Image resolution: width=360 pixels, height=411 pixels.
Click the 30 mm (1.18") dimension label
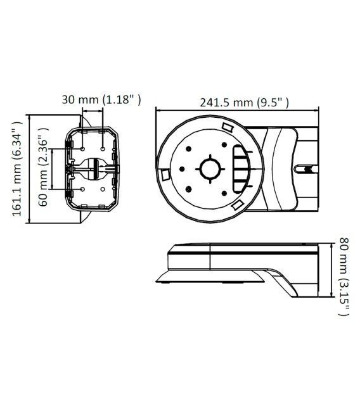[x=101, y=99]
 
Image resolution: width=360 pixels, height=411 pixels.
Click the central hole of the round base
[x=210, y=169]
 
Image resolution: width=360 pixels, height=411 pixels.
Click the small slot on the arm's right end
[x=306, y=170]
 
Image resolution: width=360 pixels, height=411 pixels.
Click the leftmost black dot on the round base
[x=182, y=169]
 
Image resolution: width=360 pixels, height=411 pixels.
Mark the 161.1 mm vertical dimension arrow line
[x=32, y=169]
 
